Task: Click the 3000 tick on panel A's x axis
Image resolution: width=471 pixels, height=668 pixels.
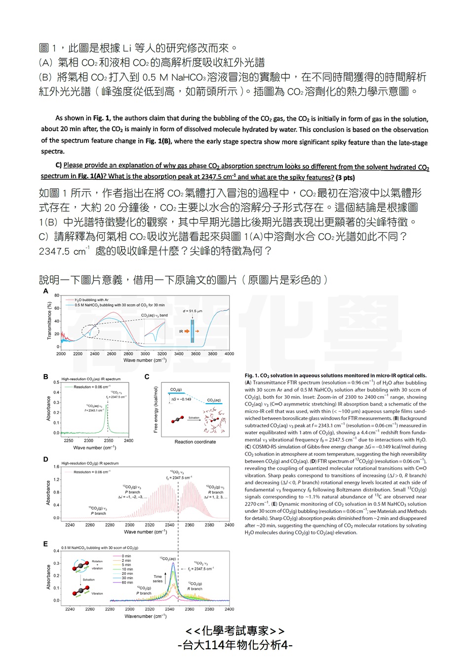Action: pos(145,354)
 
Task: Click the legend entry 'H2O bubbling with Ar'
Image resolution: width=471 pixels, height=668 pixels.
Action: pos(91,300)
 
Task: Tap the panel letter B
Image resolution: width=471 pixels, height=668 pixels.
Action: pos(46,376)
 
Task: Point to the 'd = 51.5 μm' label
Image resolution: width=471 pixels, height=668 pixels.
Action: pos(192,311)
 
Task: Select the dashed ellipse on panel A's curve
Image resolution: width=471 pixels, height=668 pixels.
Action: pos(89,331)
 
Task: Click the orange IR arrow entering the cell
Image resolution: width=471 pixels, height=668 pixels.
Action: pos(197,331)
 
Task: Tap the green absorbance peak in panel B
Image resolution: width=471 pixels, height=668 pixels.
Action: pos(108,417)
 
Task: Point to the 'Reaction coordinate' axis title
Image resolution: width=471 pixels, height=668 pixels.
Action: pos(195,442)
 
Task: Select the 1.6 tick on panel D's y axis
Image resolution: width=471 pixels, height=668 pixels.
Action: pos(56,466)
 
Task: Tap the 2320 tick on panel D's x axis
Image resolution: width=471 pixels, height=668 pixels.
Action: pos(150,525)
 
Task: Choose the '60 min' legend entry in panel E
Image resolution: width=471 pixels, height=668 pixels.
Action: pos(127,583)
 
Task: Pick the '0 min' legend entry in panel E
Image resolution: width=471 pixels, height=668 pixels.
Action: pos(126,556)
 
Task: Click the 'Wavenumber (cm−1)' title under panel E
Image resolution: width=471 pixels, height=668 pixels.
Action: pos(145,616)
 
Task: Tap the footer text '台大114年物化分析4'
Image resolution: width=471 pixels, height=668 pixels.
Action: pos(235,645)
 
